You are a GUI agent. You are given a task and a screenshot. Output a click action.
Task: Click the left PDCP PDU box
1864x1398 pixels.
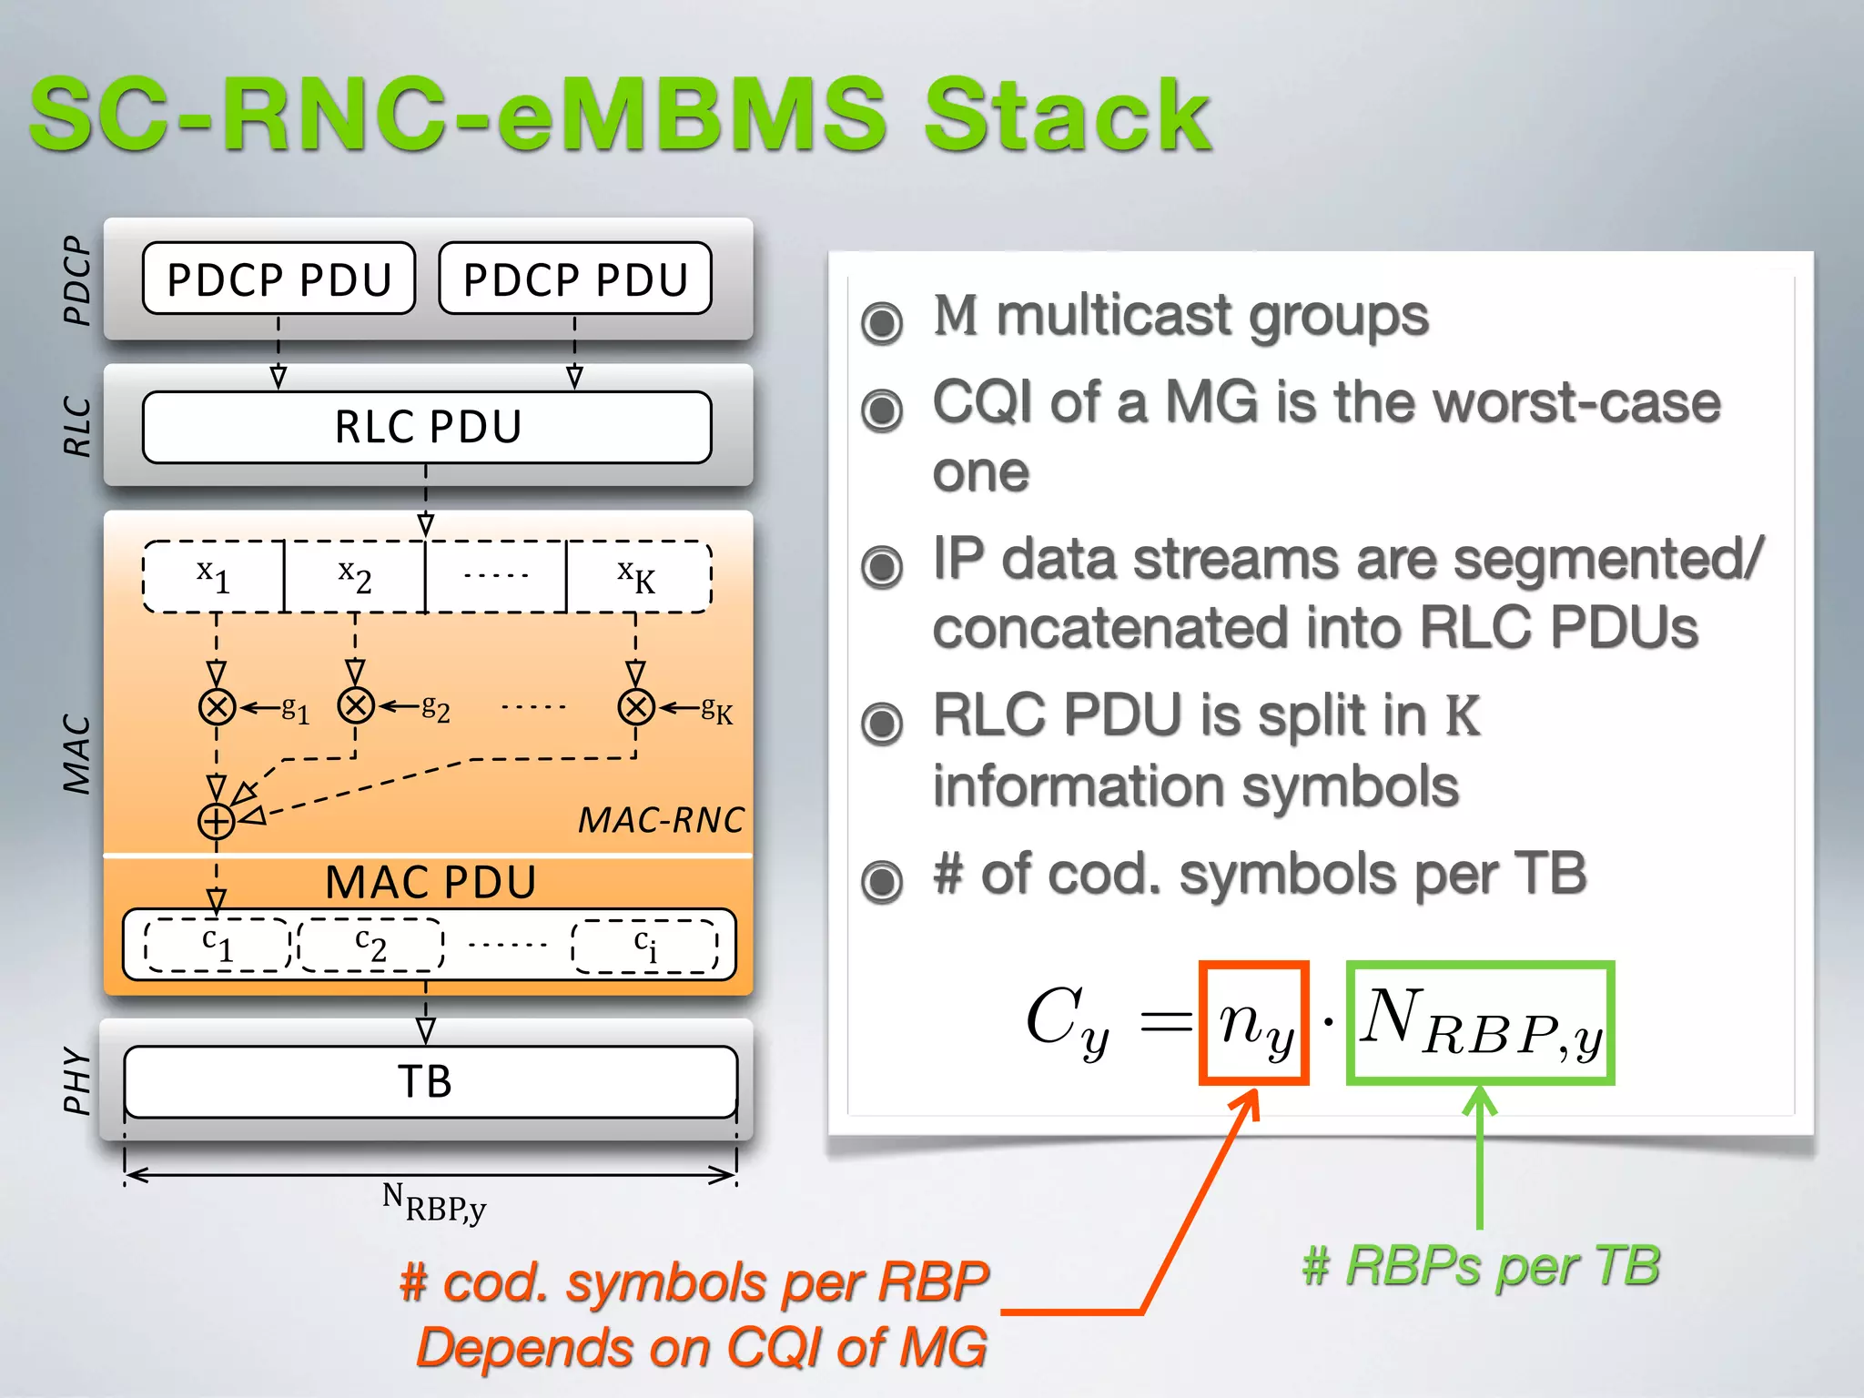pos(279,279)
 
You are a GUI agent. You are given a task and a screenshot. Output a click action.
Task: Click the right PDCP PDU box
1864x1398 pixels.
pos(574,279)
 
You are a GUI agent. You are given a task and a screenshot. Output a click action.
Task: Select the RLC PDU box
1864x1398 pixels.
pos(427,427)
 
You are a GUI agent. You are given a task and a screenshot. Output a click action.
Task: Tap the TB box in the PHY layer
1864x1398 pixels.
pos(430,1081)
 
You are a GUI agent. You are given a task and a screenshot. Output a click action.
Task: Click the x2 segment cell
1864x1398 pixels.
pos(355,576)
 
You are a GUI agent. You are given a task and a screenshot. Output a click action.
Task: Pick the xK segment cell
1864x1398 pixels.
pos(637,576)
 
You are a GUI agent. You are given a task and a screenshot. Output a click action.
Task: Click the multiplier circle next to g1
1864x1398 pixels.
pos(217,706)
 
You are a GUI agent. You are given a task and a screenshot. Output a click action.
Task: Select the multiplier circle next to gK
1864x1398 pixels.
pos(636,706)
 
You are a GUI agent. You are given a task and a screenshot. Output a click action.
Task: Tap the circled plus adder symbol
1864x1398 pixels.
pos(217,821)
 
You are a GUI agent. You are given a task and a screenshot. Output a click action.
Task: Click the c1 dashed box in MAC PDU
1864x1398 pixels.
pos(218,945)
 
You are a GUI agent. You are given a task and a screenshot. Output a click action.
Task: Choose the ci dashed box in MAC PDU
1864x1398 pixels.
pos(644,946)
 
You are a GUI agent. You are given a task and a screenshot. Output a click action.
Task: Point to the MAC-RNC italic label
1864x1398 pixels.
pos(661,820)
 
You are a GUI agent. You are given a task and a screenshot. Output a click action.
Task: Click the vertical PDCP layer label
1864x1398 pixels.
pos(78,280)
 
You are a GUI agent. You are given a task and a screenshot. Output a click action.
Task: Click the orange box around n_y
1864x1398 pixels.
pos(1253,1023)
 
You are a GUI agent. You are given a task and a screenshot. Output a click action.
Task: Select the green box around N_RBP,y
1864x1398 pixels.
pos(1480,1023)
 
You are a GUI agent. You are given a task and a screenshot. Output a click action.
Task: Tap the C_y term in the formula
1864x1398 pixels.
pos(1067,1021)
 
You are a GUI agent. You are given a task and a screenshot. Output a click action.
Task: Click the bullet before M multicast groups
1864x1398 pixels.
pos(881,322)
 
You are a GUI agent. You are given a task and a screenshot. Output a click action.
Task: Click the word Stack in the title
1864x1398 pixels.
pos(1066,116)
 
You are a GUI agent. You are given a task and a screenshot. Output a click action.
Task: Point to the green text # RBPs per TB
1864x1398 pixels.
pos(1481,1266)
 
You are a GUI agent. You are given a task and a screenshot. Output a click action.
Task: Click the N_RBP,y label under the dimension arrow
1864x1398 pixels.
pos(433,1202)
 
